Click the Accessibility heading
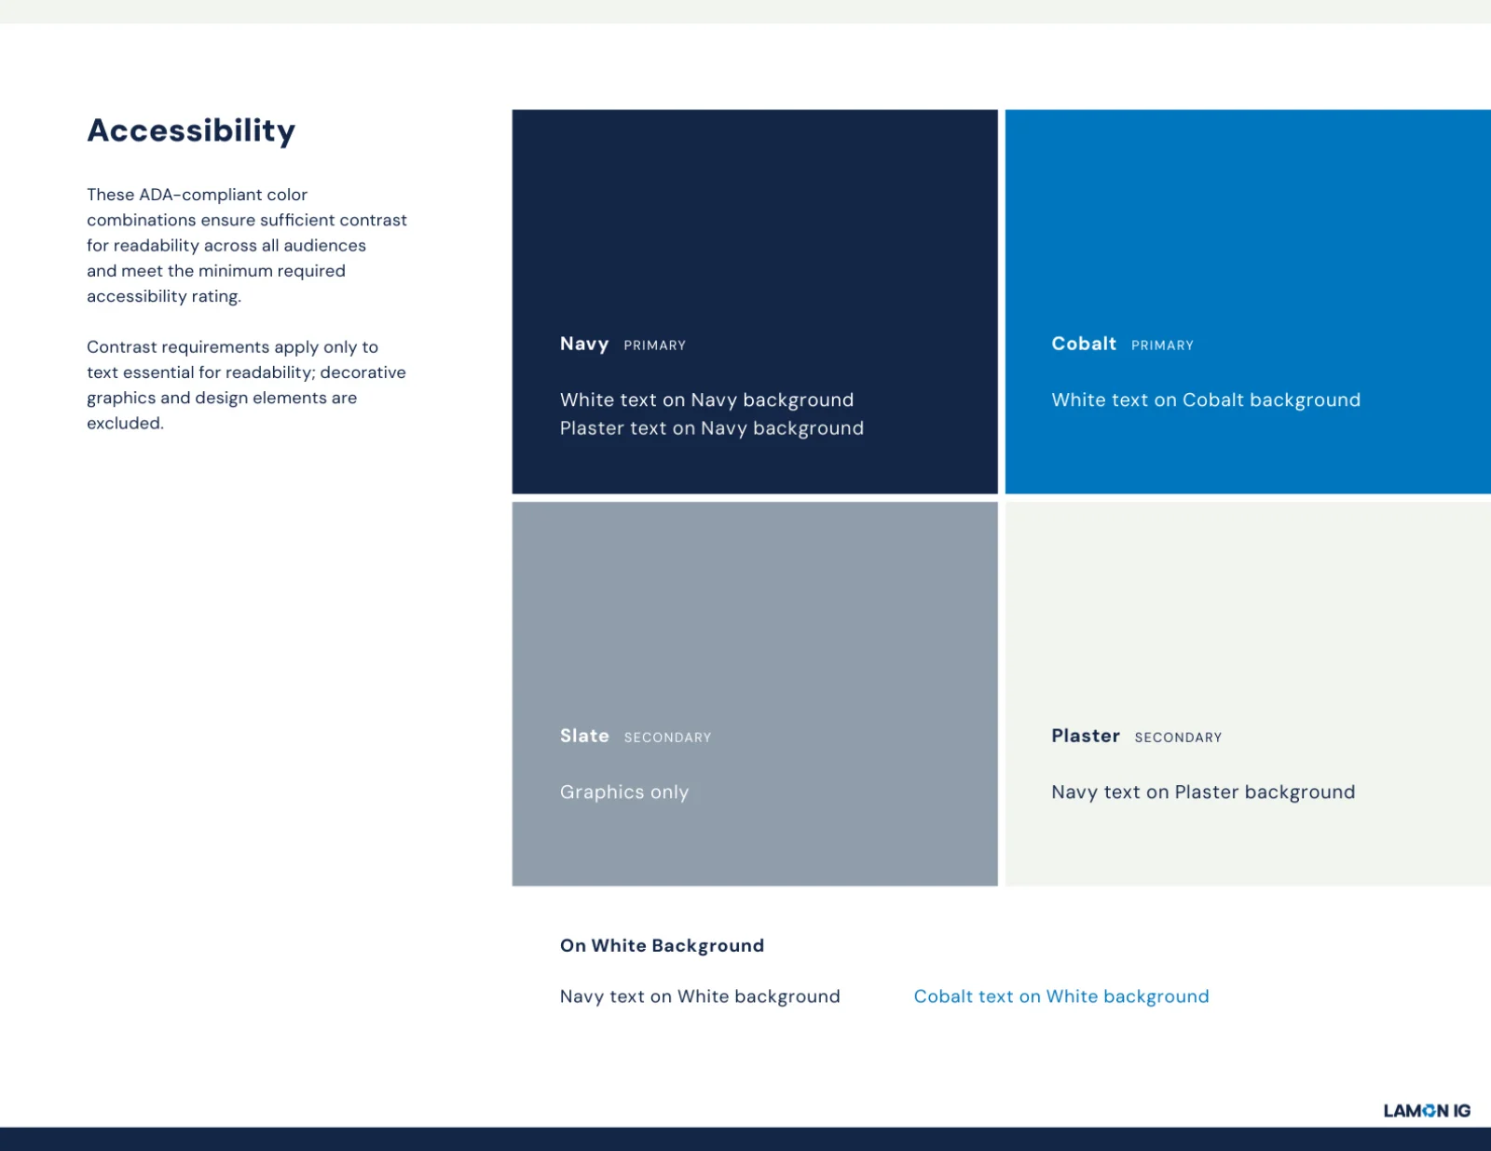tap(191, 130)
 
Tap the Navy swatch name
tap(584, 345)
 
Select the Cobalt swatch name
tap(1084, 344)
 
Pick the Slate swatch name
tap(584, 736)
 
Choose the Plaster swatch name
tap(1086, 736)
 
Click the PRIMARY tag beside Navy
tap(654, 345)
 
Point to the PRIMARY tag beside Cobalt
tap(1162, 345)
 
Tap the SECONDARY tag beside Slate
tap(667, 738)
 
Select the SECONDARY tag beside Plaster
tap(1178, 738)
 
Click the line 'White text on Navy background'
tap(706, 399)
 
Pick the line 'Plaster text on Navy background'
tap(712, 428)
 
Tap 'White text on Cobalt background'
tap(1206, 399)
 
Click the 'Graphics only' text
tap(624, 792)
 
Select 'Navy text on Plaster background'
tap(1203, 792)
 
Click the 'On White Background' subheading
tap(663, 946)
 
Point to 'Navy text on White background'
tap(700, 996)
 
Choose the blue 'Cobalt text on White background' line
tap(1061, 996)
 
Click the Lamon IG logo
tap(1428, 1111)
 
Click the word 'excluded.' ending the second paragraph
tap(126, 424)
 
